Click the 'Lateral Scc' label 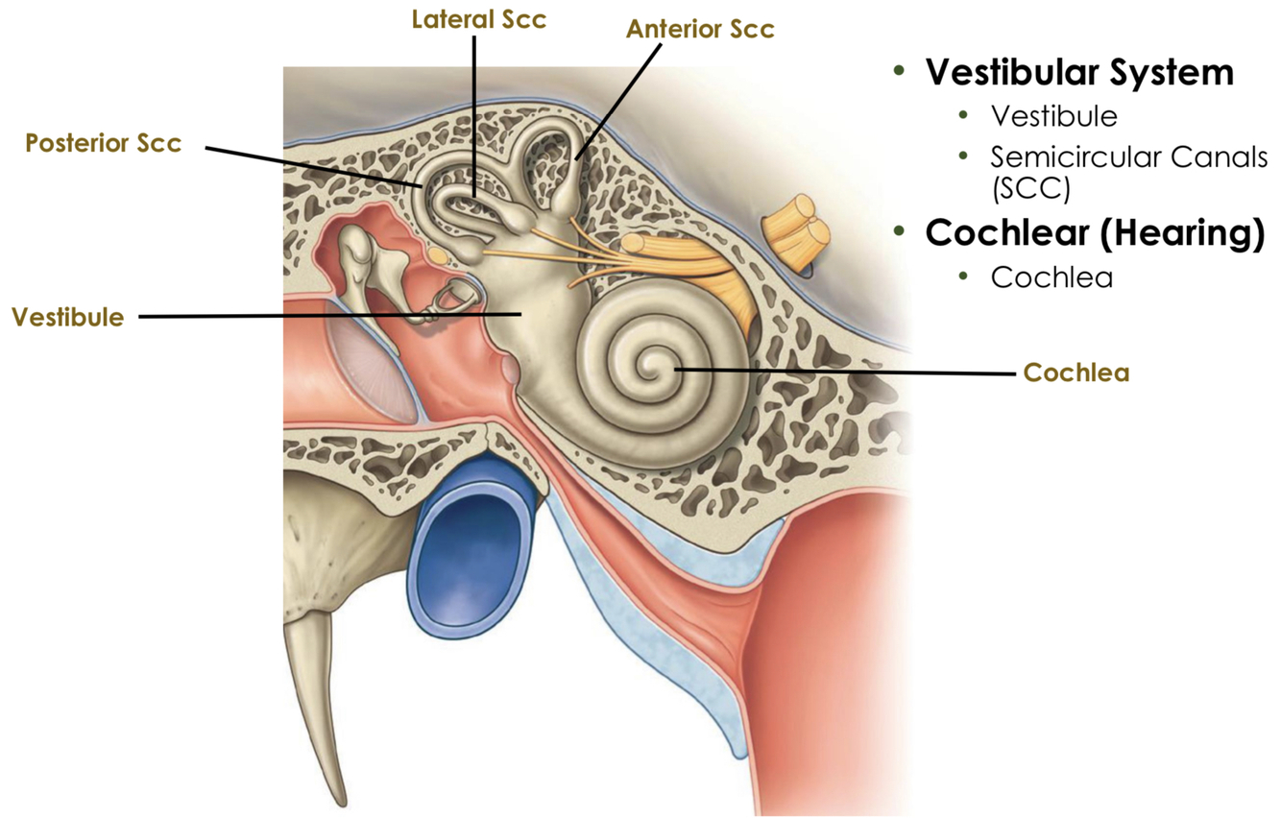(x=479, y=20)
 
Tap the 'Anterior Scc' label (x=700, y=29)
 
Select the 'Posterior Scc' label (x=103, y=143)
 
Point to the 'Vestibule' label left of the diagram (x=67, y=318)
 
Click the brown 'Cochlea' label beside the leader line (x=1076, y=372)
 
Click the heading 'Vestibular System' (x=1078, y=72)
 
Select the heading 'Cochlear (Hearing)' (x=1095, y=234)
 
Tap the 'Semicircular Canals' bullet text (x=1129, y=156)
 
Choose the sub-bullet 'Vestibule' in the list (x=1054, y=116)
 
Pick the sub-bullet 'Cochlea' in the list (x=1052, y=277)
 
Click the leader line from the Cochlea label (x=845, y=370)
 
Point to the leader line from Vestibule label (x=326, y=316)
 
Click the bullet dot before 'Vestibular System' (x=899, y=72)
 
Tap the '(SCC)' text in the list (x=1030, y=188)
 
